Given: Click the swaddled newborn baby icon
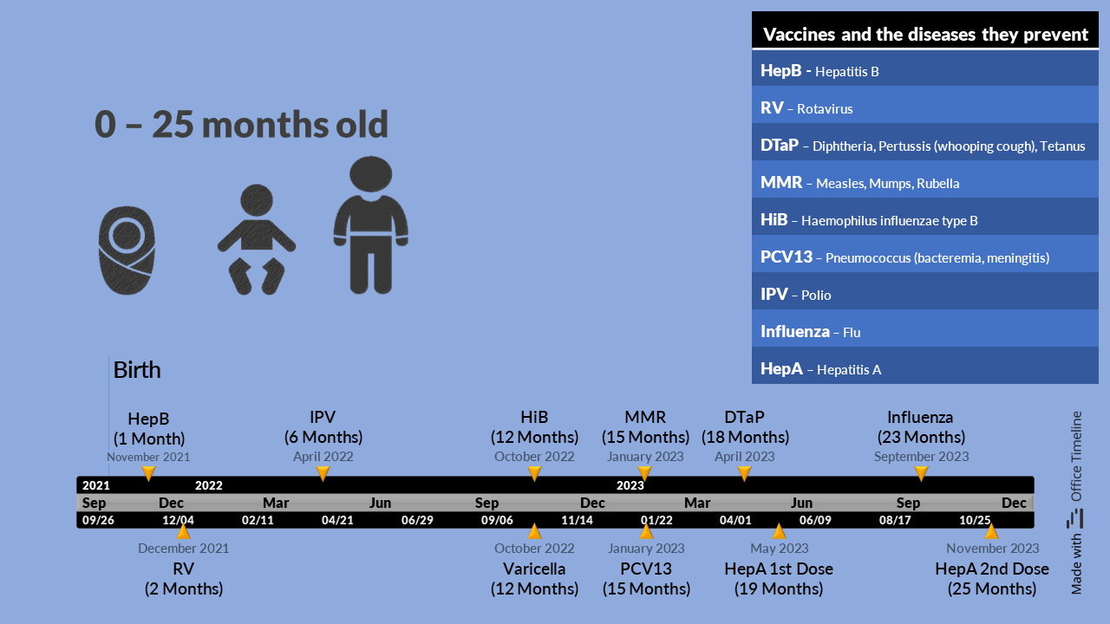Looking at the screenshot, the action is click(127, 250).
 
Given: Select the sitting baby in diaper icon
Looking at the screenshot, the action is click(257, 240).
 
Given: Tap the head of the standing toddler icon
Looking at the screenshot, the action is click(370, 174).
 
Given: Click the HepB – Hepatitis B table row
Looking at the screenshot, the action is click(924, 71).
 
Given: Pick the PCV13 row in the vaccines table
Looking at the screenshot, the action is click(924, 257).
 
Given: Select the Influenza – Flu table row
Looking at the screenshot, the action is click(924, 331).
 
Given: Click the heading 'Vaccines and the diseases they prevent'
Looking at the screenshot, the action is click(925, 34).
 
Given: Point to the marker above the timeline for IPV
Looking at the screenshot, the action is click(323, 473).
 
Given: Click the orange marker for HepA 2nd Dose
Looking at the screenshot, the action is click(991, 531).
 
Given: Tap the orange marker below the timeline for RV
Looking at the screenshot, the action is click(183, 531).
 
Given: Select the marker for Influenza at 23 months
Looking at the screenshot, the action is click(921, 473).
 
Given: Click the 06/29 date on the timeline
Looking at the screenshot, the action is click(417, 520).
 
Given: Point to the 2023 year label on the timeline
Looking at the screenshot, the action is click(630, 485).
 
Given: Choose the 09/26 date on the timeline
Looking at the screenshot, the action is click(98, 520).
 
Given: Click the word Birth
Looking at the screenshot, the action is click(137, 370).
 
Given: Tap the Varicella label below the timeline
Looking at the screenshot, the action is click(534, 569).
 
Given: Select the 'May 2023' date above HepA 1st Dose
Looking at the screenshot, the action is click(779, 549).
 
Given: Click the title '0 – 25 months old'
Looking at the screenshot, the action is click(241, 124).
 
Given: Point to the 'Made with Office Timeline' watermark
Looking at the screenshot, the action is click(1075, 502).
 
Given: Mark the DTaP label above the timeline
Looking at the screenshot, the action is click(744, 417).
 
